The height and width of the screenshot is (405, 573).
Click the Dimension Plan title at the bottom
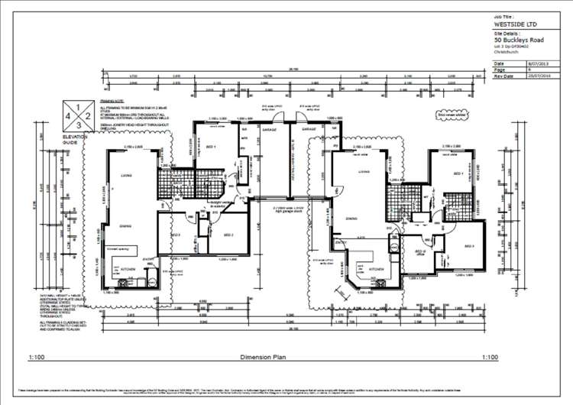click(x=262, y=357)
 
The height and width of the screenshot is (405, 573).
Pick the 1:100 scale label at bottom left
click(x=37, y=357)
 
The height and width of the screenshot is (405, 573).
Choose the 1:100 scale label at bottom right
click(x=490, y=357)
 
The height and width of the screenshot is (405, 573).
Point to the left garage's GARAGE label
click(x=267, y=130)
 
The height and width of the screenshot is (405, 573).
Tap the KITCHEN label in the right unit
click(x=377, y=270)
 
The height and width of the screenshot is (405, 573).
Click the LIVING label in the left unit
click(x=126, y=176)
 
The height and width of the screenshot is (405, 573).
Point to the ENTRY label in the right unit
click(x=340, y=242)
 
